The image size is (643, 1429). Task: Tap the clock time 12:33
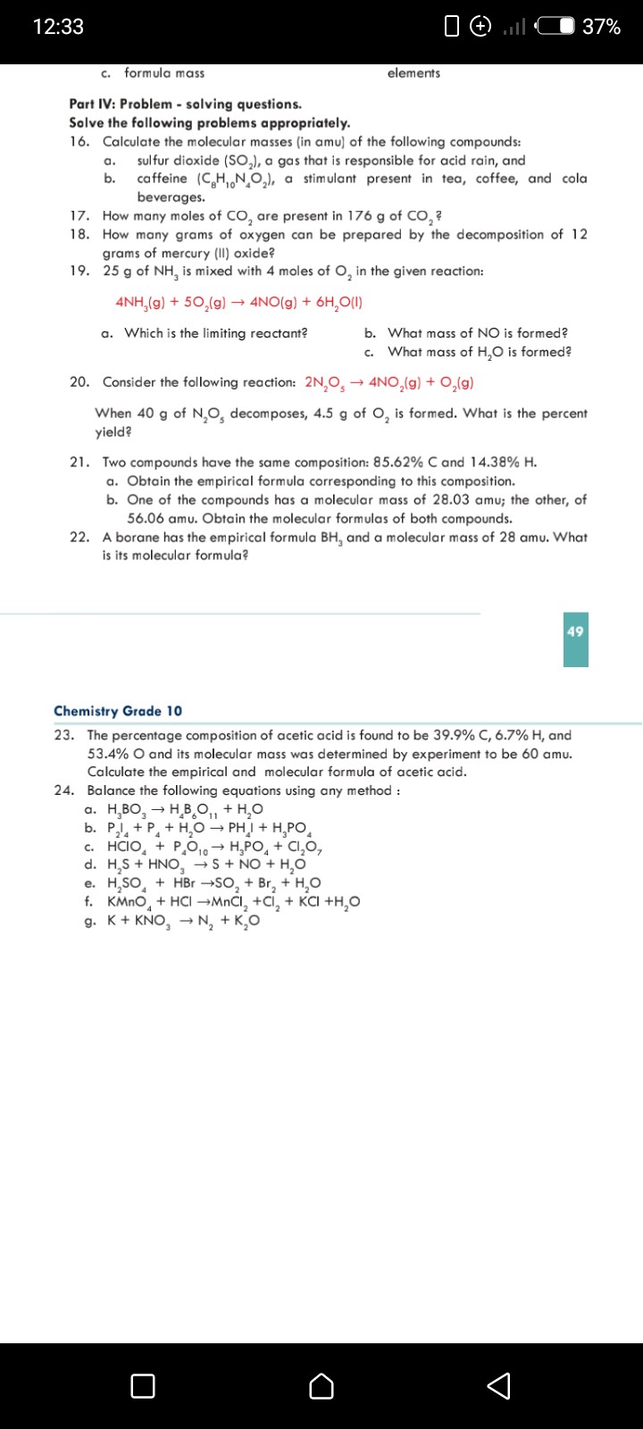(58, 27)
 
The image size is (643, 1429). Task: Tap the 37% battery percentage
(601, 27)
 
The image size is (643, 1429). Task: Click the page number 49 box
(575, 632)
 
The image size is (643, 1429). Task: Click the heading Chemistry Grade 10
(118, 711)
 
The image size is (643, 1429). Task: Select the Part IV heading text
(185, 104)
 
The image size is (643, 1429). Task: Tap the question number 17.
(79, 216)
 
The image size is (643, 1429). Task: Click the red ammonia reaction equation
(239, 302)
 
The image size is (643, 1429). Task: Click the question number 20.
(79, 382)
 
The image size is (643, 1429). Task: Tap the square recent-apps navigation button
(142, 1385)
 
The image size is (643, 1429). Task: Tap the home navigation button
(321, 1385)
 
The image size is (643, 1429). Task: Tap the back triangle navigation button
(499, 1385)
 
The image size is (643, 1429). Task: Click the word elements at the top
(413, 73)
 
